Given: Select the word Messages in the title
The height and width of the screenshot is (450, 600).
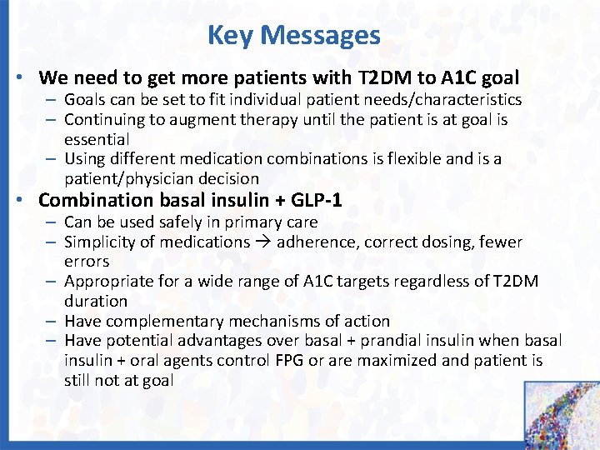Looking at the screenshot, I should tap(320, 36).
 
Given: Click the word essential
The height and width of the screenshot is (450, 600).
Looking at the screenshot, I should tap(96, 139).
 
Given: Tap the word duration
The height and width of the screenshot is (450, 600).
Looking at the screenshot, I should tap(96, 301).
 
